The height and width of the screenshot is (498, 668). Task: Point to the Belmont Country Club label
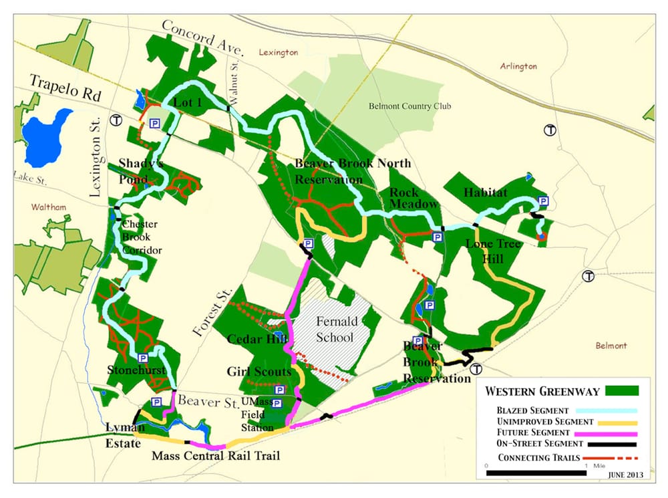click(x=409, y=106)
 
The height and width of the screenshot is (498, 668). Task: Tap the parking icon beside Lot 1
click(x=154, y=124)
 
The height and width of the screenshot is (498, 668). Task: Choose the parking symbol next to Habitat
click(x=543, y=201)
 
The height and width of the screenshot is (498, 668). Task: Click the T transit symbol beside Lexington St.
click(x=116, y=120)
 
